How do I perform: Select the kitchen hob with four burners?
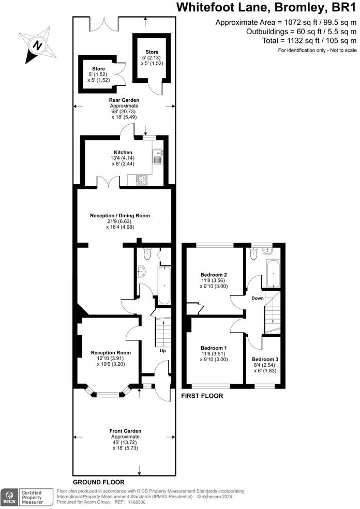click(x=141, y=179)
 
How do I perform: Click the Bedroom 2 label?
click(x=214, y=275)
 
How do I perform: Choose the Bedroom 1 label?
click(x=214, y=349)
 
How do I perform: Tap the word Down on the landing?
click(x=258, y=298)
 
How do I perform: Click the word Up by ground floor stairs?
click(x=162, y=351)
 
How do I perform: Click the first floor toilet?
click(x=253, y=254)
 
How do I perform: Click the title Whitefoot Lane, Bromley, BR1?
click(x=266, y=8)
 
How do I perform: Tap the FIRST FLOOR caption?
click(x=202, y=396)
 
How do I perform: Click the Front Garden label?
click(x=125, y=430)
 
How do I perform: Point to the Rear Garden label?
click(x=124, y=100)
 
